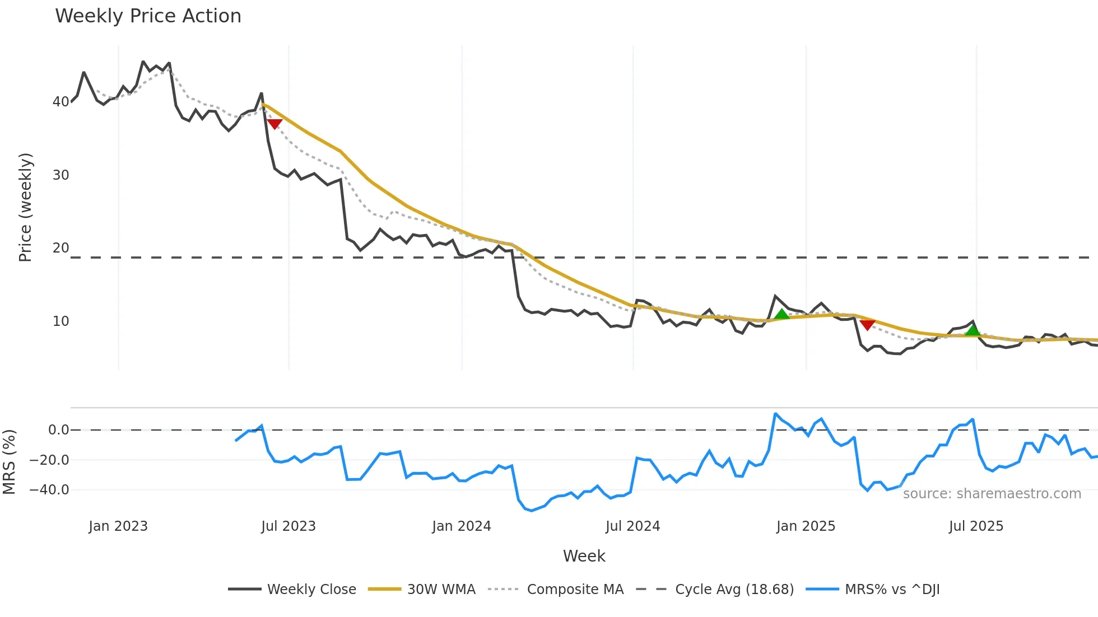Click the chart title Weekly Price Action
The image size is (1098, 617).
pyautogui.click(x=148, y=16)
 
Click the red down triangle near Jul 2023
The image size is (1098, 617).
pyautogui.click(x=274, y=124)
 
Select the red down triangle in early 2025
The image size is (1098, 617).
pyautogui.click(x=867, y=325)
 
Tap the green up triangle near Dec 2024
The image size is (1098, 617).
pyautogui.click(x=781, y=315)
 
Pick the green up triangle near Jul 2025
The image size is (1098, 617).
pyautogui.click(x=973, y=330)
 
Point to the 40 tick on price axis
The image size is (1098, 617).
pyautogui.click(x=61, y=102)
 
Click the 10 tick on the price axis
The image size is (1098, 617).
pyautogui.click(x=61, y=321)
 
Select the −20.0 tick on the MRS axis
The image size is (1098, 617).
pyautogui.click(x=49, y=460)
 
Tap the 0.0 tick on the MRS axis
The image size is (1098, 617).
pyautogui.click(x=58, y=430)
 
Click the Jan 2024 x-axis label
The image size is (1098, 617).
pyautogui.click(x=461, y=526)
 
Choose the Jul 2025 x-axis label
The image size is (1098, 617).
pyautogui.click(x=976, y=526)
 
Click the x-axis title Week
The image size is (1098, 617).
pyautogui.click(x=584, y=556)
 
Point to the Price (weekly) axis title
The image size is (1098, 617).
pyautogui.click(x=25, y=207)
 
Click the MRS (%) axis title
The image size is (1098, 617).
pyautogui.click(x=9, y=462)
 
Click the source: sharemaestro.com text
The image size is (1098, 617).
pyautogui.click(x=992, y=494)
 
